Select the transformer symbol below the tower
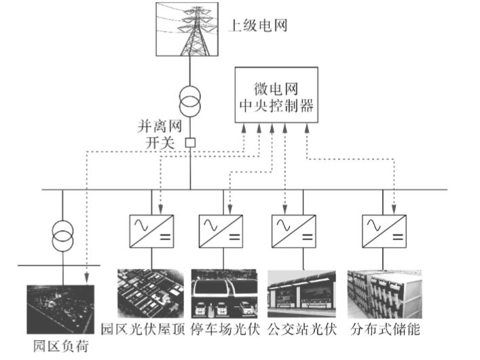tap(191, 101)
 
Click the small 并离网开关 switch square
tap(191, 143)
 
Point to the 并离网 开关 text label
tap(158, 134)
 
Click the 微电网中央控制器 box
tap(276, 95)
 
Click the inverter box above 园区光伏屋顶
tap(151, 231)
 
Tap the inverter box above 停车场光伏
tap(220, 231)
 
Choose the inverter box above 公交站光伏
tap(293, 231)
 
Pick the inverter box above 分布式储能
tap(382, 231)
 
